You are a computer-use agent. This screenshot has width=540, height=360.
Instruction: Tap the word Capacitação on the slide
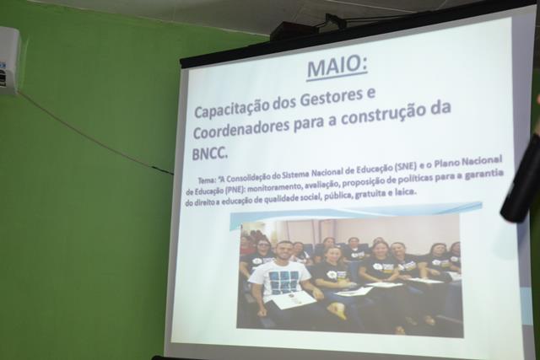click(232, 107)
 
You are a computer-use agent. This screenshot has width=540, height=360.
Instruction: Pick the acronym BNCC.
click(210, 153)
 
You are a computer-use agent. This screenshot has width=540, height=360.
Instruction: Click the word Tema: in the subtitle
click(207, 180)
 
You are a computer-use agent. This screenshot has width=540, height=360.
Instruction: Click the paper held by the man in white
click(294, 302)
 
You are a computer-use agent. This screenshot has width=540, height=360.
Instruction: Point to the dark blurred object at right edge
click(521, 179)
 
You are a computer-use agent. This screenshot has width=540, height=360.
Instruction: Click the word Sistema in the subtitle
click(294, 175)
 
